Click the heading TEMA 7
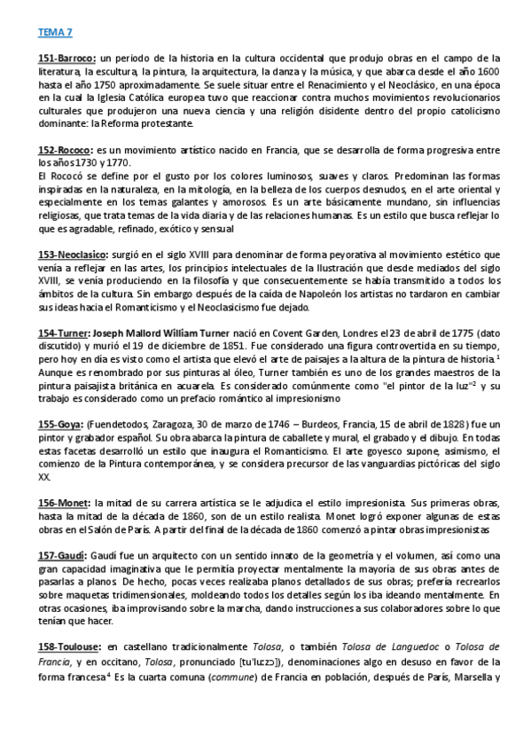click(x=54, y=33)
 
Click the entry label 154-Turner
click(x=64, y=334)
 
